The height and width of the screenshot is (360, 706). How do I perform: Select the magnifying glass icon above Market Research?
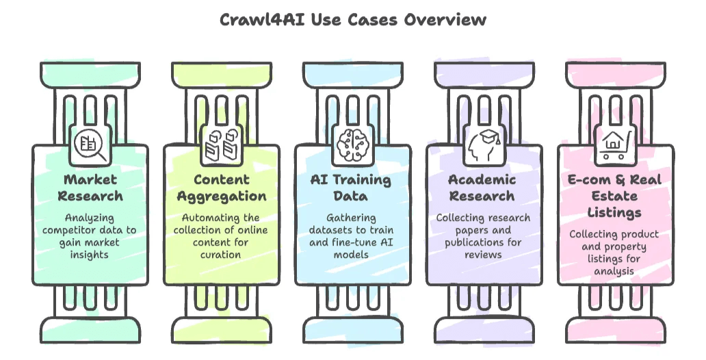point(90,145)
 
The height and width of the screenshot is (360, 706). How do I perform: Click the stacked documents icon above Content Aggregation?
point(222,145)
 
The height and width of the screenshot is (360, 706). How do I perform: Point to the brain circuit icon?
point(353,145)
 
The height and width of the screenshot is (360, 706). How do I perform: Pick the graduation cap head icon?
point(484,145)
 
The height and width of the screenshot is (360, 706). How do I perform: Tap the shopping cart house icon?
point(615,145)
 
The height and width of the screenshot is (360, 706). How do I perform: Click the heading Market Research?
point(90,188)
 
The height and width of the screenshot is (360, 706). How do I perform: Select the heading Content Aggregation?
point(222,188)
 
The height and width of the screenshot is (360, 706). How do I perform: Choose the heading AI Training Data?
point(353,188)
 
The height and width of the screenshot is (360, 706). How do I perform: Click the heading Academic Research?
point(484,188)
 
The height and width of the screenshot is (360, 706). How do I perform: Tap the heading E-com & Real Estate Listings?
point(615,196)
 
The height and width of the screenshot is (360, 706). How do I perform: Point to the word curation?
point(221,255)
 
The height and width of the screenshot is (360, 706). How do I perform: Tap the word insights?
point(90,255)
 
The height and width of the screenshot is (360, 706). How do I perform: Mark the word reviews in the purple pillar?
point(484,255)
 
